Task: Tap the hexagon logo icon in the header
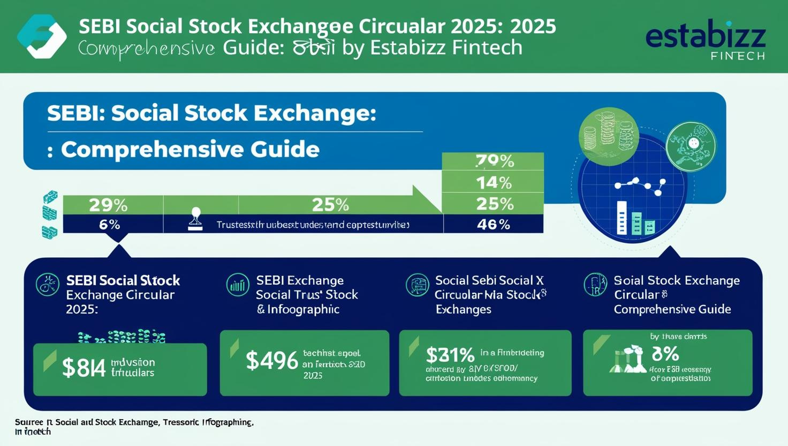point(42,36)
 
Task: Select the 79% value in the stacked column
point(494,161)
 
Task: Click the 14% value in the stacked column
point(494,183)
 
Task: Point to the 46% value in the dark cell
point(493,224)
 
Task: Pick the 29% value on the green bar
point(108,205)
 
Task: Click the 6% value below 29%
point(109,225)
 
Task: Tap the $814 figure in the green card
point(84,368)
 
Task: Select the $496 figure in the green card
point(271,361)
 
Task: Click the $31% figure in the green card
point(450,355)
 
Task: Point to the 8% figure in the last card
point(665,354)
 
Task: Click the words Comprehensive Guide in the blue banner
point(190,149)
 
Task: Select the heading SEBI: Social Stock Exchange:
point(211,113)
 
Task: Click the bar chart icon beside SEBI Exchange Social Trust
point(237,285)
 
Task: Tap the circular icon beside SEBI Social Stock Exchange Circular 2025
point(47,285)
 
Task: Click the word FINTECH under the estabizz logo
point(738,56)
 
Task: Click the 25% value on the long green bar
point(330,205)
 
